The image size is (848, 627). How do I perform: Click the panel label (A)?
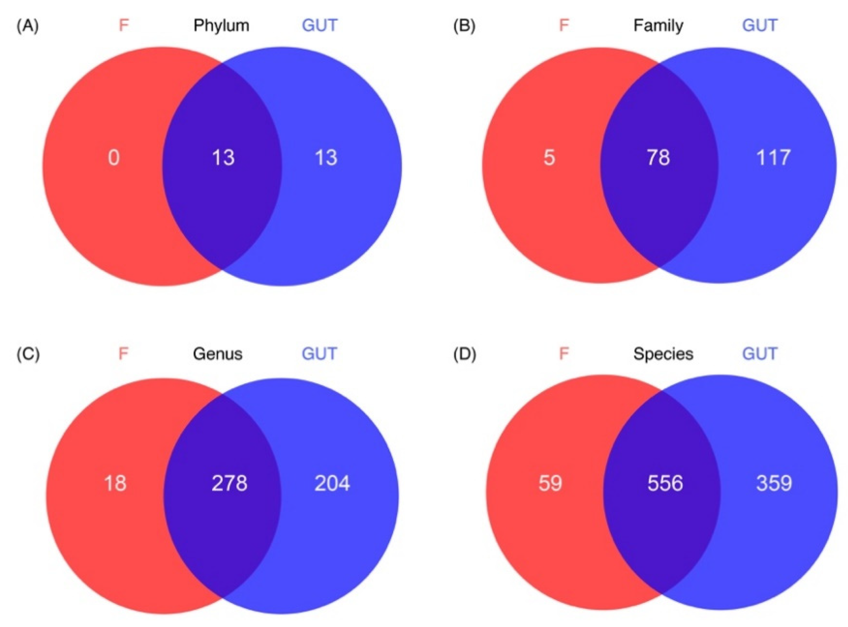(x=28, y=26)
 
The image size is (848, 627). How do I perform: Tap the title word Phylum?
(x=221, y=26)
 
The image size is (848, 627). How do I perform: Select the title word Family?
(x=658, y=26)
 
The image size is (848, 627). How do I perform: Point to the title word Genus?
(x=218, y=354)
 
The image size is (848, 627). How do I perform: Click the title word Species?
(x=663, y=354)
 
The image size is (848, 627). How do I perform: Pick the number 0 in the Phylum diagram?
(x=114, y=158)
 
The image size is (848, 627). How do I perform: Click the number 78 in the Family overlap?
(x=658, y=158)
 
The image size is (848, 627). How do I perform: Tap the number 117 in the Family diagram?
(x=773, y=158)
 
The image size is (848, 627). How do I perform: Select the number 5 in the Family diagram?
(x=549, y=158)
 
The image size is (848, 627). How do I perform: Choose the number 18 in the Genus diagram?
(x=115, y=483)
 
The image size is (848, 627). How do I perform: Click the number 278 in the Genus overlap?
(x=229, y=483)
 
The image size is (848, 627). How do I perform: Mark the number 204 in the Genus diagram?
(x=332, y=483)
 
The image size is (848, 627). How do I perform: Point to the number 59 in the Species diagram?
(x=550, y=483)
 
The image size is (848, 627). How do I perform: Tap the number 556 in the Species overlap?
(x=665, y=483)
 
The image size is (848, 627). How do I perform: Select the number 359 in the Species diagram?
(x=774, y=483)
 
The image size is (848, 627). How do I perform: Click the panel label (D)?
(x=465, y=354)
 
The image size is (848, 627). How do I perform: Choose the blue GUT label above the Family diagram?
(x=760, y=26)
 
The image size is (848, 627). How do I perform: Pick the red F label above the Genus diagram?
(x=123, y=354)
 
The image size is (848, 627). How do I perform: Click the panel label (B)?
(x=464, y=26)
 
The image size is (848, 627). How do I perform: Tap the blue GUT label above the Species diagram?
(x=760, y=354)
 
